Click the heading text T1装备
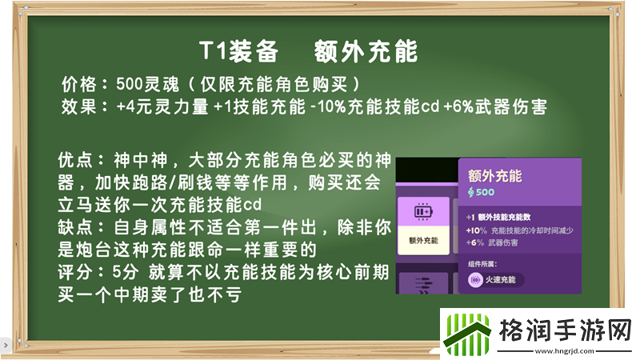238,51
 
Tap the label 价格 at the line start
80,84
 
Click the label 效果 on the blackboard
80,106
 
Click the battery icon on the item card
422,214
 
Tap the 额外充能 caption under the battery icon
422,238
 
